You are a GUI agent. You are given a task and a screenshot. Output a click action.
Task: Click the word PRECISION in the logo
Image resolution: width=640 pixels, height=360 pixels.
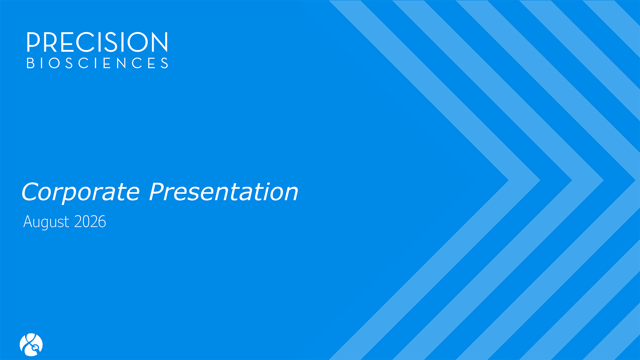pyautogui.click(x=97, y=42)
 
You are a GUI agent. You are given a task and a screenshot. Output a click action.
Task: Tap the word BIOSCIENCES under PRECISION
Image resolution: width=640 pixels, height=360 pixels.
pyautogui.click(x=98, y=63)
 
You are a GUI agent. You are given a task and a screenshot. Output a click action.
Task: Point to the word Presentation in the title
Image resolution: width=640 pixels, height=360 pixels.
pyautogui.click(x=223, y=191)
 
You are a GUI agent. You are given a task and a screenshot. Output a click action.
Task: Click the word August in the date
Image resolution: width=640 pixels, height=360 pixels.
pyautogui.click(x=46, y=222)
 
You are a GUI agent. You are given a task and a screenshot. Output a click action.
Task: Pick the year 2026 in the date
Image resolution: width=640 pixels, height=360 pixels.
pyautogui.click(x=90, y=222)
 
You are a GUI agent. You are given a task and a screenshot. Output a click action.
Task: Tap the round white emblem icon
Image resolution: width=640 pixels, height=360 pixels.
pyautogui.click(x=31, y=345)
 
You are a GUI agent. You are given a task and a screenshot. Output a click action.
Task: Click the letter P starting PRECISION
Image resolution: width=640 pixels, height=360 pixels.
pyautogui.click(x=33, y=42)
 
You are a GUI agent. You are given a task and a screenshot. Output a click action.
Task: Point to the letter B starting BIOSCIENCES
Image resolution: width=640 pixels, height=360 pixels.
pyautogui.click(x=30, y=63)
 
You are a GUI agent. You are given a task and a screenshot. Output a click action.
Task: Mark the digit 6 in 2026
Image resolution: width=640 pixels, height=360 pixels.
pyautogui.click(x=102, y=222)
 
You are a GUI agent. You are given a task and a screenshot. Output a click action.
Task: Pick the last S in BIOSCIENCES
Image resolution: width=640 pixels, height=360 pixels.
pyautogui.click(x=165, y=63)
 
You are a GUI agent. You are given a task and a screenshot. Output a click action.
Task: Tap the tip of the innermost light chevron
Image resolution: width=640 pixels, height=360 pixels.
pyautogui.click(x=509, y=180)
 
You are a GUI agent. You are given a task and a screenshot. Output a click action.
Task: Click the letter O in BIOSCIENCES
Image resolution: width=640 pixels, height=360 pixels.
pyautogui.click(x=54, y=63)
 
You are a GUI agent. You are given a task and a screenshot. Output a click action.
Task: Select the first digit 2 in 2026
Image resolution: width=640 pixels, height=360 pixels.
pyautogui.click(x=78, y=222)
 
